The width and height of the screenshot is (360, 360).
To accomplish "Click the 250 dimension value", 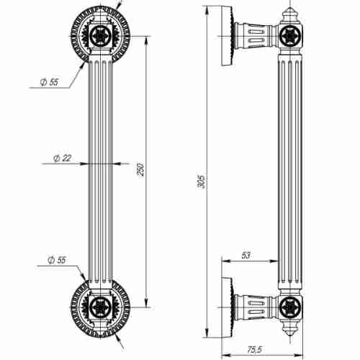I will (x=141, y=168).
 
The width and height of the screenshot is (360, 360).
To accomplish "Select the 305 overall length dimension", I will (x=202, y=181).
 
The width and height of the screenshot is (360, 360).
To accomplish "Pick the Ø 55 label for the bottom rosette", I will (x=55, y=258).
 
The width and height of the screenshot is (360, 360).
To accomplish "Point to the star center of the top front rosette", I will (x=103, y=33).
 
